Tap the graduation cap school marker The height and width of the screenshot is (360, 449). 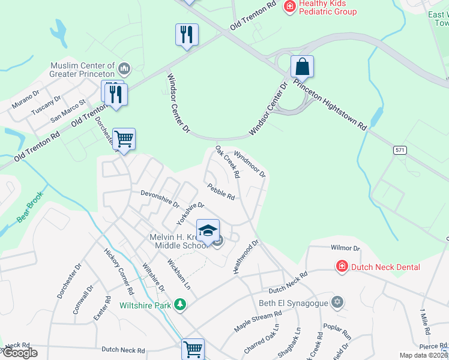click(x=208, y=230)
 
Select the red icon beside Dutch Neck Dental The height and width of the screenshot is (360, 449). click(x=342, y=266)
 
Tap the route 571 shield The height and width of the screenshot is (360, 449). click(x=401, y=151)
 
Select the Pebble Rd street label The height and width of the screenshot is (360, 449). click(x=220, y=191)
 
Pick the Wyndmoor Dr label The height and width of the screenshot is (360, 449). click(x=249, y=163)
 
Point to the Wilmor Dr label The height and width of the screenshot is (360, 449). click(x=345, y=248)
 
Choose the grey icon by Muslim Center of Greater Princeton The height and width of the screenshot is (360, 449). click(x=125, y=67)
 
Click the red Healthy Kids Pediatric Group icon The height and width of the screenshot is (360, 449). click(x=289, y=6)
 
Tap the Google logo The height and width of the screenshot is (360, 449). click(x=20, y=353)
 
